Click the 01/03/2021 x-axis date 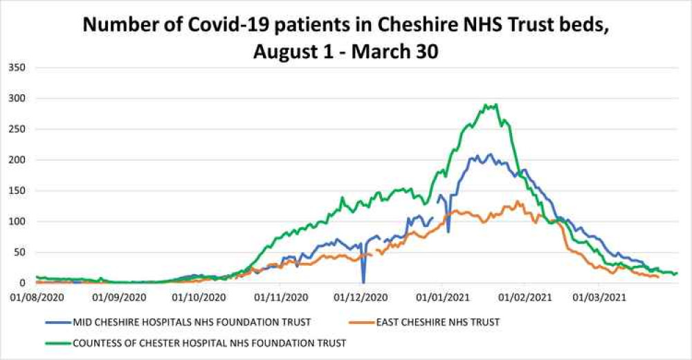pos(599,297)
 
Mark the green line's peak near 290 pos(496,105)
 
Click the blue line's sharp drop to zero pos(363,282)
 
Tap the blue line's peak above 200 pos(490,154)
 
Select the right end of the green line pos(677,273)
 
